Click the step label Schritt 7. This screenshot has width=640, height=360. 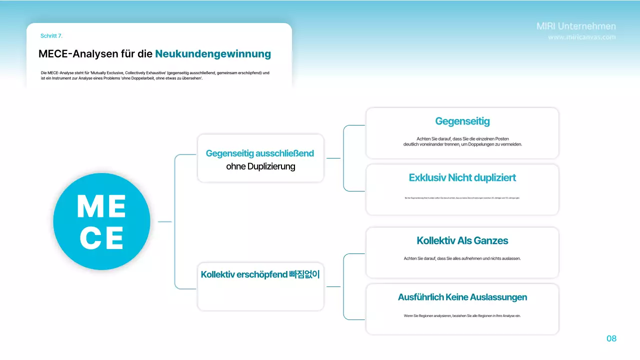click(51, 36)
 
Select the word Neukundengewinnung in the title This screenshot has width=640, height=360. click(213, 53)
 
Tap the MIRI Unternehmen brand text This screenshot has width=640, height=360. click(576, 26)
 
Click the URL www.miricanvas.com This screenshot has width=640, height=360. click(582, 37)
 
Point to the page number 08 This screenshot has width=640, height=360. click(611, 338)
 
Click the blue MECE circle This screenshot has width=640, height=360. click(101, 221)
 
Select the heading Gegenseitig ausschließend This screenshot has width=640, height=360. click(260, 153)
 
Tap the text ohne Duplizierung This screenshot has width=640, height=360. click(260, 166)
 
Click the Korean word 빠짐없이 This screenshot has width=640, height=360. click(304, 274)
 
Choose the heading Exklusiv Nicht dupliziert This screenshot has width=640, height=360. click(462, 177)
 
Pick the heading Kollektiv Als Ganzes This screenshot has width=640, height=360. click(462, 240)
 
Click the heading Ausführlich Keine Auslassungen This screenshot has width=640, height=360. click(462, 297)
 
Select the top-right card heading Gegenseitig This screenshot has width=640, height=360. click(462, 121)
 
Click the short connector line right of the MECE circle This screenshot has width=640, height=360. click(164, 221)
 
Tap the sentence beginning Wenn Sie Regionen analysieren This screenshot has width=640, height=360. click(462, 315)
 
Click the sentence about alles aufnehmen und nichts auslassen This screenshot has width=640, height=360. click(462, 258)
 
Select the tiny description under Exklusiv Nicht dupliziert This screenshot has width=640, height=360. click(462, 198)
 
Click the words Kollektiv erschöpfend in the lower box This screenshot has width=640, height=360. click(243, 274)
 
